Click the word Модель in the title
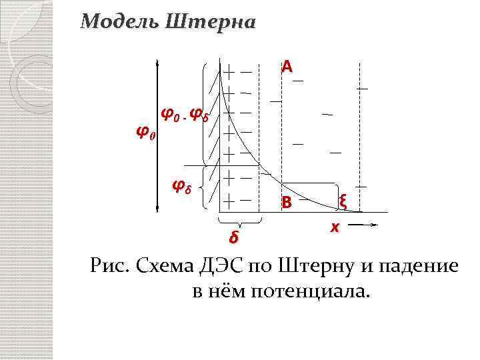click(x=117, y=22)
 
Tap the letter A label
click(x=287, y=66)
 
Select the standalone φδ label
click(x=182, y=185)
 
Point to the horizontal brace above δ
click(x=240, y=221)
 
